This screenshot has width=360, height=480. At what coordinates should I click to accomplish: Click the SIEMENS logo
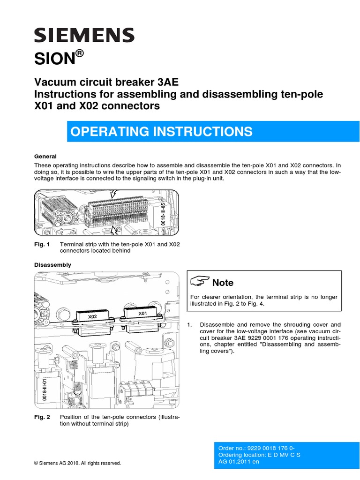(x=84, y=36)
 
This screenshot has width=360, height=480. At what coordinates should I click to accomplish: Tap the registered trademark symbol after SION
(x=80, y=53)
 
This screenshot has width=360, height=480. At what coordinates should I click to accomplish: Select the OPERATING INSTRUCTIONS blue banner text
(x=161, y=132)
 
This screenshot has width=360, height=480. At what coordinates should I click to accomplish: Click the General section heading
(x=45, y=157)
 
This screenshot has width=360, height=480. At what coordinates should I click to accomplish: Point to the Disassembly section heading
(x=52, y=265)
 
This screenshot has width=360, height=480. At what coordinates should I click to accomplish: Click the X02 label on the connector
(x=92, y=317)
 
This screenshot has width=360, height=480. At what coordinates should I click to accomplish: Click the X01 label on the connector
(x=142, y=313)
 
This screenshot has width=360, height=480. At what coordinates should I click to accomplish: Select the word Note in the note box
(x=223, y=283)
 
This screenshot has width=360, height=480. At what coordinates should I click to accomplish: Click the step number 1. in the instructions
(x=190, y=324)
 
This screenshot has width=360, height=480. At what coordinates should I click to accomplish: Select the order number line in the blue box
(x=256, y=448)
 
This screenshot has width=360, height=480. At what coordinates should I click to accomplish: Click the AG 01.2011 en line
(x=239, y=461)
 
